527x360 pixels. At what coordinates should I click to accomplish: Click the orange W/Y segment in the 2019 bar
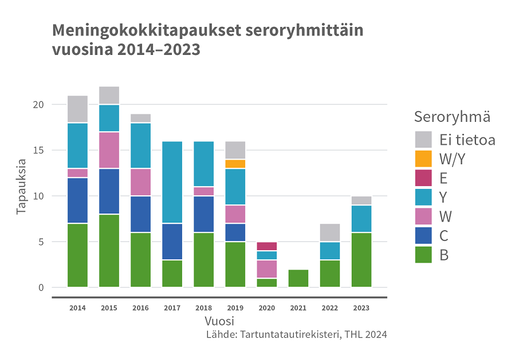tap(235, 164)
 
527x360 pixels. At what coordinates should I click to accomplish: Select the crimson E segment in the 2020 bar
tap(266, 246)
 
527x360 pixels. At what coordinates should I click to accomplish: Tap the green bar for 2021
tap(298, 278)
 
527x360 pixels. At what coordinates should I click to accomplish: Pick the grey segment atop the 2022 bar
tap(329, 232)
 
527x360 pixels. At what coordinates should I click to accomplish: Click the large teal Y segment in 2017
tap(172, 182)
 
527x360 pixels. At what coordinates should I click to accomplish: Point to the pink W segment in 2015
tap(109, 150)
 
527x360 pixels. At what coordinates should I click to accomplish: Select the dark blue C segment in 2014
tap(77, 200)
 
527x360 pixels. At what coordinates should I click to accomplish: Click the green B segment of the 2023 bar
tap(361, 260)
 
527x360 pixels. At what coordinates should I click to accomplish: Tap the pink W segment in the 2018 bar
tap(203, 191)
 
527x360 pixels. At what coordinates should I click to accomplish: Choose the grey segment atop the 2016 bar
tap(140, 118)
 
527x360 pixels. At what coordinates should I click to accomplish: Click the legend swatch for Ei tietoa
tap(423, 139)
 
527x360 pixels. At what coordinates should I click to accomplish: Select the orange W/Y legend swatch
tap(423, 159)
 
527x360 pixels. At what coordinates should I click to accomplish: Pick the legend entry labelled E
tap(443, 178)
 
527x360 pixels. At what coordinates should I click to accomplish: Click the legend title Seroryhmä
tap(452, 117)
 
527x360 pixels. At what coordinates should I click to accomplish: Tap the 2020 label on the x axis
tap(266, 308)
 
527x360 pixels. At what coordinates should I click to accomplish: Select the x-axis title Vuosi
tap(219, 321)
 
